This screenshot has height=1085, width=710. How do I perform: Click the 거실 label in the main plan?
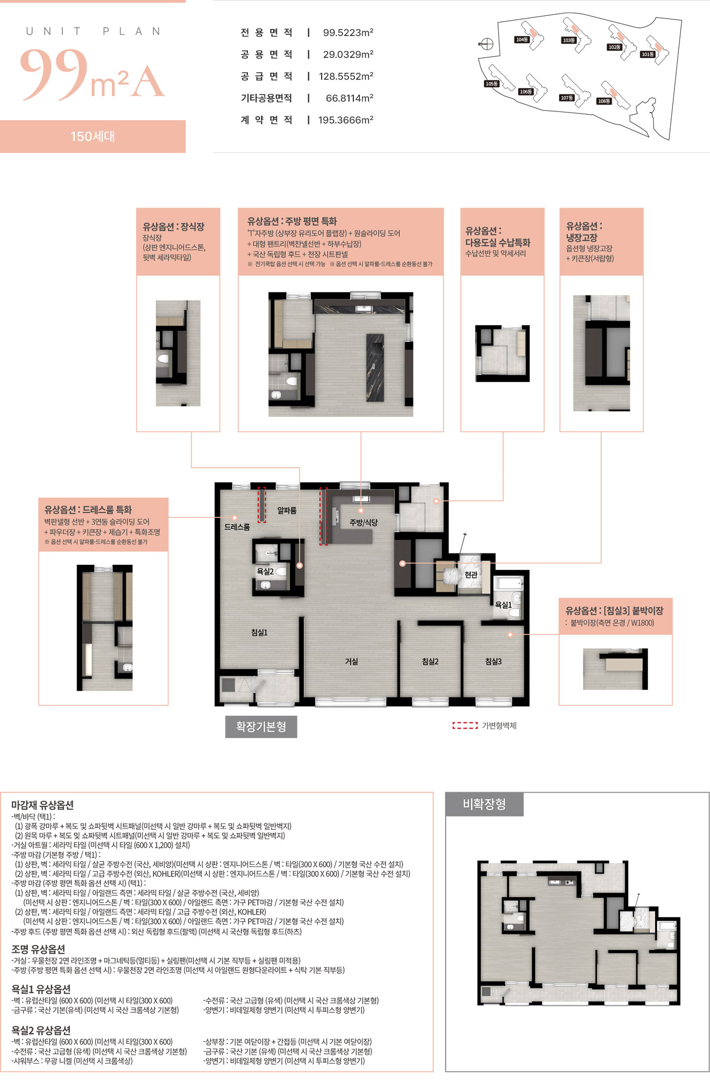[351, 661]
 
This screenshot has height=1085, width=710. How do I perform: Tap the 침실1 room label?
[259, 632]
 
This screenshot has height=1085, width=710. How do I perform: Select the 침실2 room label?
[430, 661]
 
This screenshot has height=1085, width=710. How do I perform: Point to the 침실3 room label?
[493, 661]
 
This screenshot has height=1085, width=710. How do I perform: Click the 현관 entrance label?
[471, 574]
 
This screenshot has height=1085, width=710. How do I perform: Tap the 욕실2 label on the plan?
[265, 571]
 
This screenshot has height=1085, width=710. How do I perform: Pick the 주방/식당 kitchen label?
[364, 522]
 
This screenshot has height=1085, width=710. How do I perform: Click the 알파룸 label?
[287, 510]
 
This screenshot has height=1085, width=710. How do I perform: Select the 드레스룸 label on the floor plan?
[237, 527]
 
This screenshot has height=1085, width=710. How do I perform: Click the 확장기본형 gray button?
[261, 727]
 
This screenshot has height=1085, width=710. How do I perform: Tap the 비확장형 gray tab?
[484, 804]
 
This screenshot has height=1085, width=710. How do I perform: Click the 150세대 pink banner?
[93, 137]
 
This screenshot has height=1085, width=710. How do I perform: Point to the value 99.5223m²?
[348, 33]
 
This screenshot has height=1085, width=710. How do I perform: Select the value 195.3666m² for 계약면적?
[346, 120]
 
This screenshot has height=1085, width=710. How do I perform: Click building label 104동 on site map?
[522, 39]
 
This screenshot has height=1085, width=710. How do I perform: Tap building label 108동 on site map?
[603, 101]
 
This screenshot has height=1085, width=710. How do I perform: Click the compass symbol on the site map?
[487, 44]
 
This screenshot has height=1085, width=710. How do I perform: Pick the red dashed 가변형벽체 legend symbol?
[465, 726]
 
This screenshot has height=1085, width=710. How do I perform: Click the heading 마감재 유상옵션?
[42, 805]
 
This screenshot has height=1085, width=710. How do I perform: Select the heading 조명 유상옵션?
[38, 949]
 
